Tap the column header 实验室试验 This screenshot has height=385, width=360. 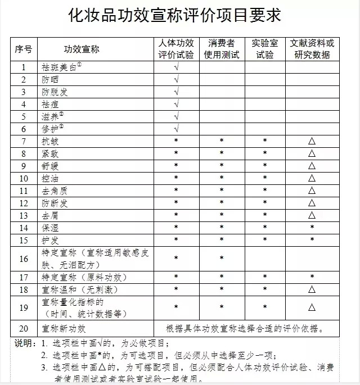(x=264, y=49)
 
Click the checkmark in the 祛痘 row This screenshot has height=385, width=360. (x=177, y=105)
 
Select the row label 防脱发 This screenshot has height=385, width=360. (x=54, y=92)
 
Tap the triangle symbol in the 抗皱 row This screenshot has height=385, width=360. (x=312, y=141)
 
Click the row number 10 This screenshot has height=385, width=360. (x=24, y=178)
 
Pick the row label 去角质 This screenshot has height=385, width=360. (x=54, y=191)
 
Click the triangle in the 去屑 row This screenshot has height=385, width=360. (x=312, y=215)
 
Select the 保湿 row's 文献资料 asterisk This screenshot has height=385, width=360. (x=312, y=228)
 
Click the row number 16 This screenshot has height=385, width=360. (x=24, y=259)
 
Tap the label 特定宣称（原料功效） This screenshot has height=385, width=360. (x=84, y=278)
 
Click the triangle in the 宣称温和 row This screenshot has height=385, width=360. (x=312, y=290)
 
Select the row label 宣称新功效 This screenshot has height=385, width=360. (x=64, y=328)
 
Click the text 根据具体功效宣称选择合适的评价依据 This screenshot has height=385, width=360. (x=245, y=328)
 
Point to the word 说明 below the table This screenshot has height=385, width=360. (x=23, y=342)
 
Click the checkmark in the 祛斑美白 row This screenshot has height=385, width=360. (x=177, y=67)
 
